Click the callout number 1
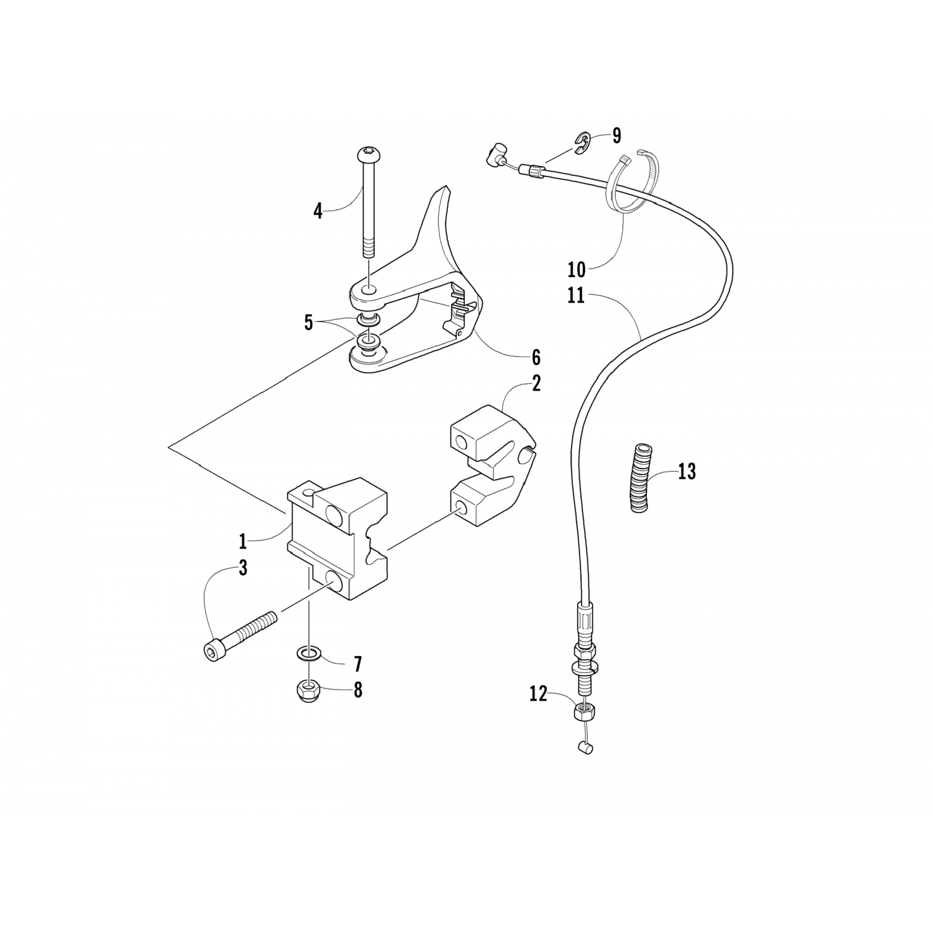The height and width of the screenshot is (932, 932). point(243,541)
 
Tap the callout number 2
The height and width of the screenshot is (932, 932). point(536,383)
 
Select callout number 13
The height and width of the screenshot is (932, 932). point(687,472)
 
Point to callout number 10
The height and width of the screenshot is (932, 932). point(576,270)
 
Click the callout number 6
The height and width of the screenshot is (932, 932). point(536,357)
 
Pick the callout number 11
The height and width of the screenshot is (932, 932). point(575,296)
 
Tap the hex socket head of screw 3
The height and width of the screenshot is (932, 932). point(211,651)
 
